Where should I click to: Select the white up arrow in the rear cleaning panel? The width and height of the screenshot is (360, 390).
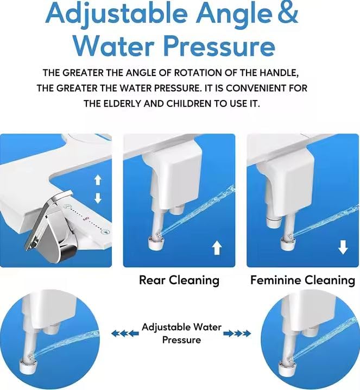point(217,248)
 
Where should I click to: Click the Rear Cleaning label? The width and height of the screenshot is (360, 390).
point(179,280)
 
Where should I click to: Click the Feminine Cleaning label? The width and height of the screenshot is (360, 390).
point(302,280)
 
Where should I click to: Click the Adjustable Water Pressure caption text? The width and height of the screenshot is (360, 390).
point(181,333)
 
